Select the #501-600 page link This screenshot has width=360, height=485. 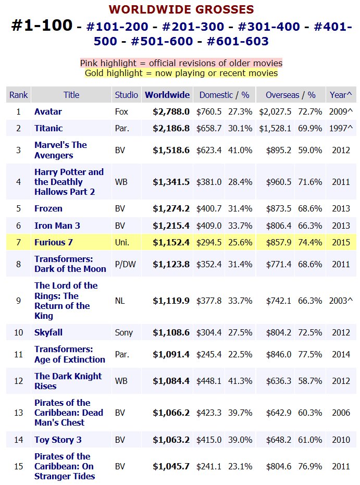click(x=162, y=41)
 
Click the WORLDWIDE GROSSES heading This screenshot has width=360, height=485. click(x=181, y=9)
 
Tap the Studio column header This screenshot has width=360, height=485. click(x=126, y=95)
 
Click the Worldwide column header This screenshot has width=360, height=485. click(x=167, y=95)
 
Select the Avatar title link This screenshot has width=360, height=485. click(x=48, y=111)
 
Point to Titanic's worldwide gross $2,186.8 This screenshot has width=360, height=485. click(x=171, y=128)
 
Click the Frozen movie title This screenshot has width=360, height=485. click(x=48, y=208)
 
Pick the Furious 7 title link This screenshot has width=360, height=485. click(x=54, y=242)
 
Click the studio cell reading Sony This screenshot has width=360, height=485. click(x=123, y=332)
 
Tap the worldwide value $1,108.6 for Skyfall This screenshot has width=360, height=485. click(x=171, y=332)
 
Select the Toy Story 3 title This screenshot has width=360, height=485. click(x=58, y=440)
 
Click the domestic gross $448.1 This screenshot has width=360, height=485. click(x=209, y=381)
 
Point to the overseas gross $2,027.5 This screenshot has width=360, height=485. click(x=275, y=111)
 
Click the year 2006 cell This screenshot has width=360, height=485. click(x=341, y=413)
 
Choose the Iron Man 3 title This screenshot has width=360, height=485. click(x=57, y=226)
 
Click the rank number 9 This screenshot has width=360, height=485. click(x=19, y=301)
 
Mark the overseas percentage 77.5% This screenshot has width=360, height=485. click(x=310, y=354)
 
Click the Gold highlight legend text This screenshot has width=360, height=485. click(x=181, y=73)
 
